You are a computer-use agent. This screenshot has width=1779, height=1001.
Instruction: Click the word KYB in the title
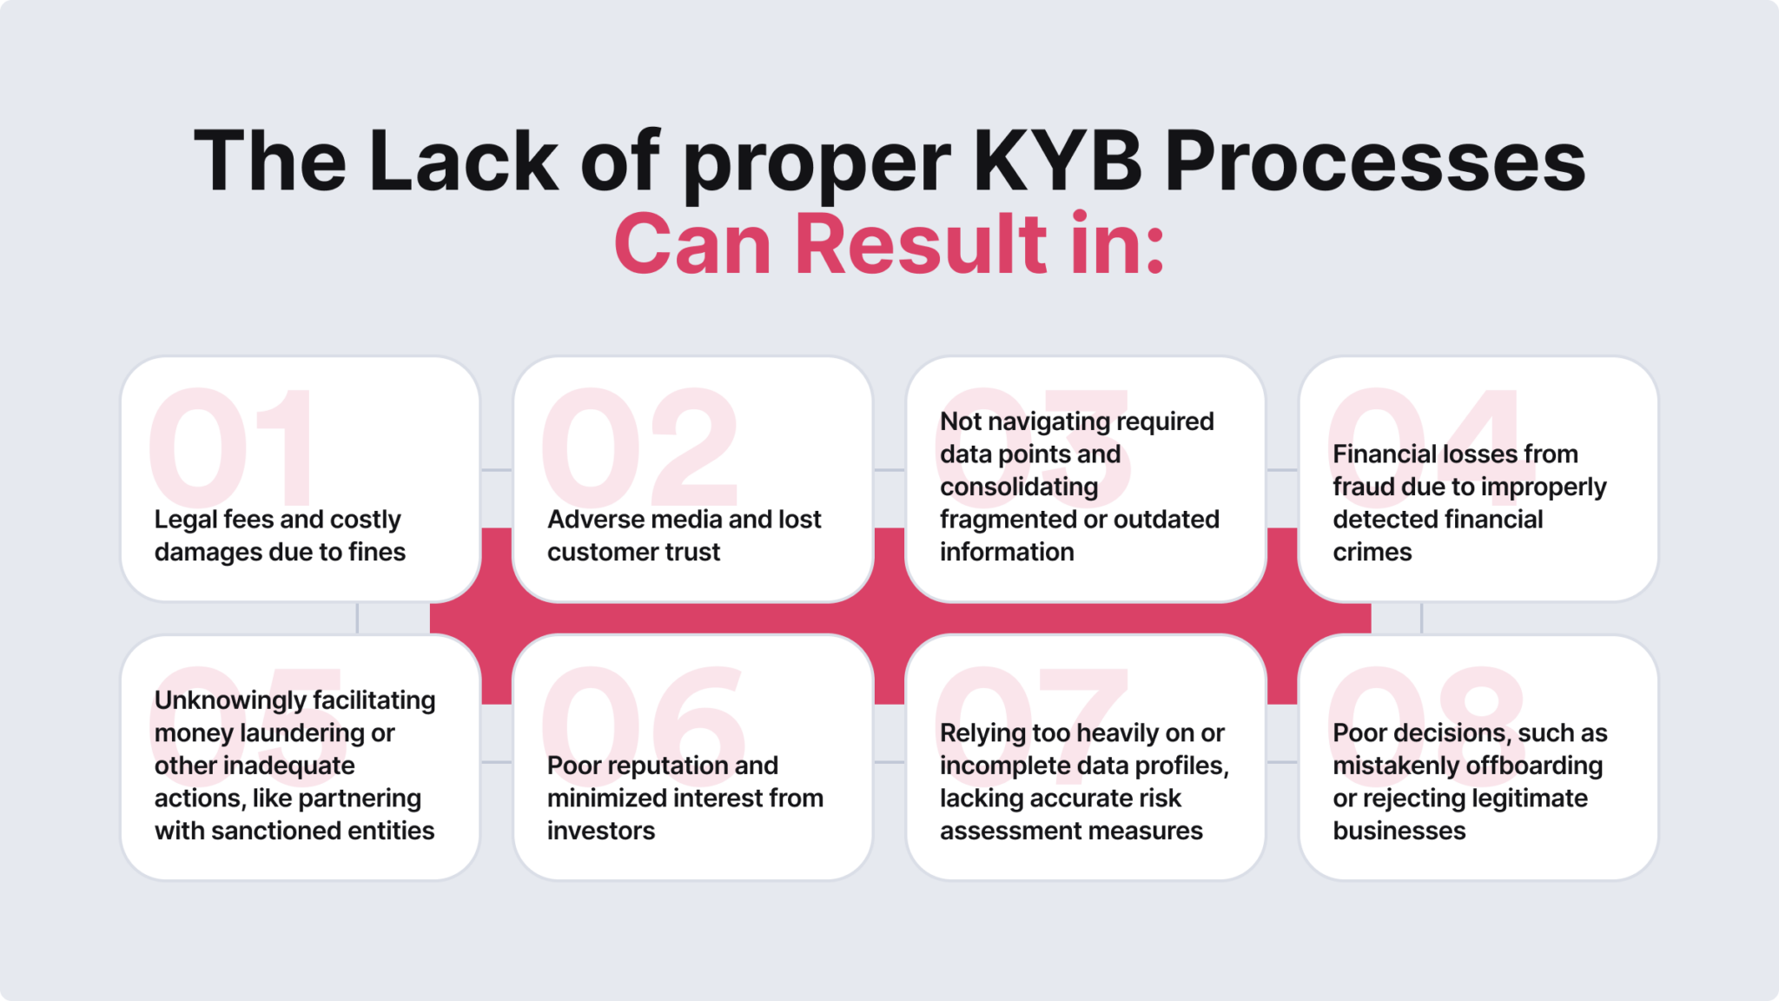[1057, 162]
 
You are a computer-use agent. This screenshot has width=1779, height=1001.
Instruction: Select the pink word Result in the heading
[921, 245]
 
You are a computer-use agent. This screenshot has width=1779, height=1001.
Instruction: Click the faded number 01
[231, 447]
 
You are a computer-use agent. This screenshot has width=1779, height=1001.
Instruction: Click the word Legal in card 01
[185, 520]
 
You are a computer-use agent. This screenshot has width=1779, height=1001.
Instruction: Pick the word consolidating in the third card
[1019, 487]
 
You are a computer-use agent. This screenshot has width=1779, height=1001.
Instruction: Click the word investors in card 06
[601, 832]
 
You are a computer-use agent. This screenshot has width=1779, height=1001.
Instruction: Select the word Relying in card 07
[982, 733]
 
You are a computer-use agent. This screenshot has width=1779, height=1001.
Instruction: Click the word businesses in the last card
[1399, 832]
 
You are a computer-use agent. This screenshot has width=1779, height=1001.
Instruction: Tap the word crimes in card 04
[1372, 553]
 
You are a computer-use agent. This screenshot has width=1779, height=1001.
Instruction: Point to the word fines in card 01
[377, 553]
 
